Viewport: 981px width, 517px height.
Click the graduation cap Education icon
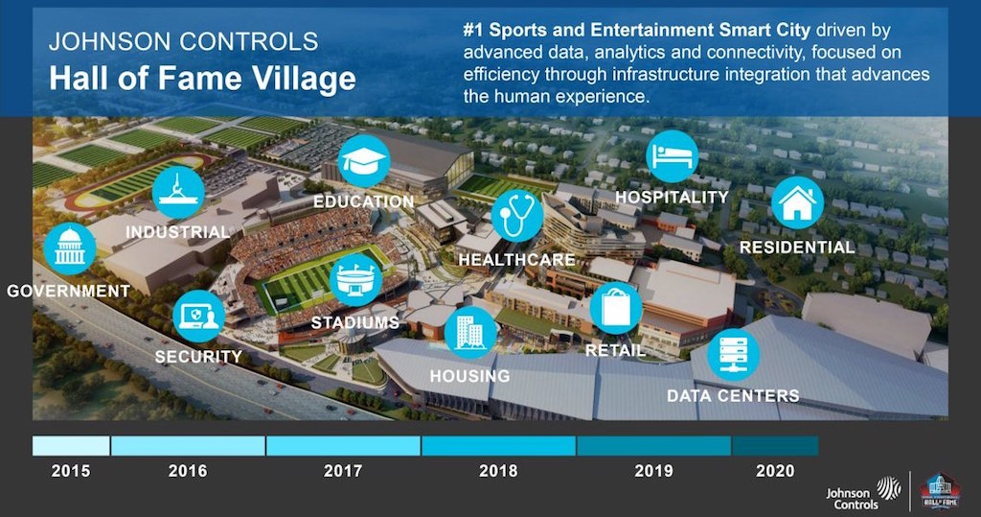(364, 161)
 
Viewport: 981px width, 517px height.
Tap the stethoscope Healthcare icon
(516, 216)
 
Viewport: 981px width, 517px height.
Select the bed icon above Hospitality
(672, 156)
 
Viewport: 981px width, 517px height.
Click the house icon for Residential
(797, 202)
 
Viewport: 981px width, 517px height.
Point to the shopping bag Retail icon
(616, 308)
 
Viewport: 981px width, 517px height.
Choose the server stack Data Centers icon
(733, 355)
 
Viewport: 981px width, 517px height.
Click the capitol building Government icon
(69, 248)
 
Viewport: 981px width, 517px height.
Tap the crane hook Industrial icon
(178, 192)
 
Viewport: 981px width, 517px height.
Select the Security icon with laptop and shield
(199, 316)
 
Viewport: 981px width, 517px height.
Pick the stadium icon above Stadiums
(355, 279)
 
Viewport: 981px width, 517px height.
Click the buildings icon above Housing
(470, 333)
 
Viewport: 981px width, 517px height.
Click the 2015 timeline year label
(71, 471)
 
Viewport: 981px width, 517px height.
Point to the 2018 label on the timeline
(498, 471)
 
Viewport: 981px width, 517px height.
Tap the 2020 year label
(775, 471)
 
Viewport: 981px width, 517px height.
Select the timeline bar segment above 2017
(343, 446)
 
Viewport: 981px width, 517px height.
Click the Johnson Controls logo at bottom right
(863, 493)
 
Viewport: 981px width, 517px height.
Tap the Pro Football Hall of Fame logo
(941, 491)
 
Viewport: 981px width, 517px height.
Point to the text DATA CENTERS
(733, 396)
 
